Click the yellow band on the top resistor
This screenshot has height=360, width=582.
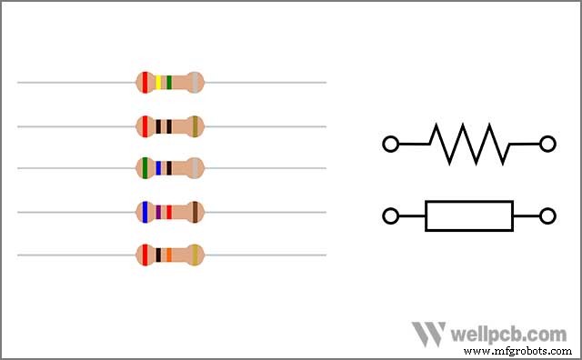click(159, 83)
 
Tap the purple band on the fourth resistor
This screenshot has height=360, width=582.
click(158, 212)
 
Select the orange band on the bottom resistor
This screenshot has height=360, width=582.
click(168, 255)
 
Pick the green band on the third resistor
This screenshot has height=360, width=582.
click(145, 168)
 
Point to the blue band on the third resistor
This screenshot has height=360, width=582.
click(159, 168)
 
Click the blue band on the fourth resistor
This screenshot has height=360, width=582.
click(145, 212)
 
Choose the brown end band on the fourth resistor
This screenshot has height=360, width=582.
click(195, 212)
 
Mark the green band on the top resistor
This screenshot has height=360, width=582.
click(169, 83)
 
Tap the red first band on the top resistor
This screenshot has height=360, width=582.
click(145, 83)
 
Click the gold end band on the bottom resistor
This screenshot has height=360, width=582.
click(195, 255)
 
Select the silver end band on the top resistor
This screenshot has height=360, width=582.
click(195, 83)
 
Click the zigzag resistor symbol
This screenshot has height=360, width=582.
click(469, 144)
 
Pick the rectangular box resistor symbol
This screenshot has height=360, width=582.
click(469, 215)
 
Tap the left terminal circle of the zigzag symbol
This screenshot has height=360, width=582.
click(391, 144)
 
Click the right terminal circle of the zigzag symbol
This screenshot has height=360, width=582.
click(547, 144)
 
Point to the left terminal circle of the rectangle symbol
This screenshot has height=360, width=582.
click(391, 215)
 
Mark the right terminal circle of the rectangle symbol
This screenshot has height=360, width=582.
click(547, 215)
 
